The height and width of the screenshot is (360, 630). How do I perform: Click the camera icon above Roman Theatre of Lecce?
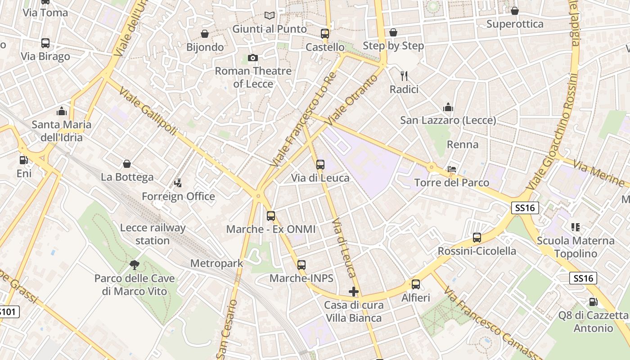point(253,58)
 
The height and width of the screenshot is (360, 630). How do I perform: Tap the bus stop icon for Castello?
point(325,34)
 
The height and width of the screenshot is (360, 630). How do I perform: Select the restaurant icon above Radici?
point(404,76)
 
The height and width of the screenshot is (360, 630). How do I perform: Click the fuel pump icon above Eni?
point(23,160)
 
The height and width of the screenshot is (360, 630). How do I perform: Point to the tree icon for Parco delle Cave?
point(134,265)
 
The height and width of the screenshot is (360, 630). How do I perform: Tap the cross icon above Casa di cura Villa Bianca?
point(354,292)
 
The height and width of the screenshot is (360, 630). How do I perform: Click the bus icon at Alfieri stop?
point(416,284)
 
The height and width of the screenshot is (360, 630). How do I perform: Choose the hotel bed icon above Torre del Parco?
point(452,169)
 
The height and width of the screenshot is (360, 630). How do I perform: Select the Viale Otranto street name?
point(351,100)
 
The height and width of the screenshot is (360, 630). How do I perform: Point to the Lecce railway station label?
point(153,234)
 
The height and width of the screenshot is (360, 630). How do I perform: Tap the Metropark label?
point(216,263)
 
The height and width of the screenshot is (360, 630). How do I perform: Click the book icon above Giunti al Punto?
point(270,16)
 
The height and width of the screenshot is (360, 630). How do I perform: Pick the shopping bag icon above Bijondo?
point(205,34)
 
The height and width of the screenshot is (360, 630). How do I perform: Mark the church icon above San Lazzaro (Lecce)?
point(448,107)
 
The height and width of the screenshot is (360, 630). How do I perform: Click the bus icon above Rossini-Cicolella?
point(477,238)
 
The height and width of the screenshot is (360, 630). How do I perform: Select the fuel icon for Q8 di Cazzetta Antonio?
point(593,302)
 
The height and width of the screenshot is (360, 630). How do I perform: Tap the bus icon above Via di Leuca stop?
point(320,165)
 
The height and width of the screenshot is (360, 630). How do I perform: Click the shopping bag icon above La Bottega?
point(127,164)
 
